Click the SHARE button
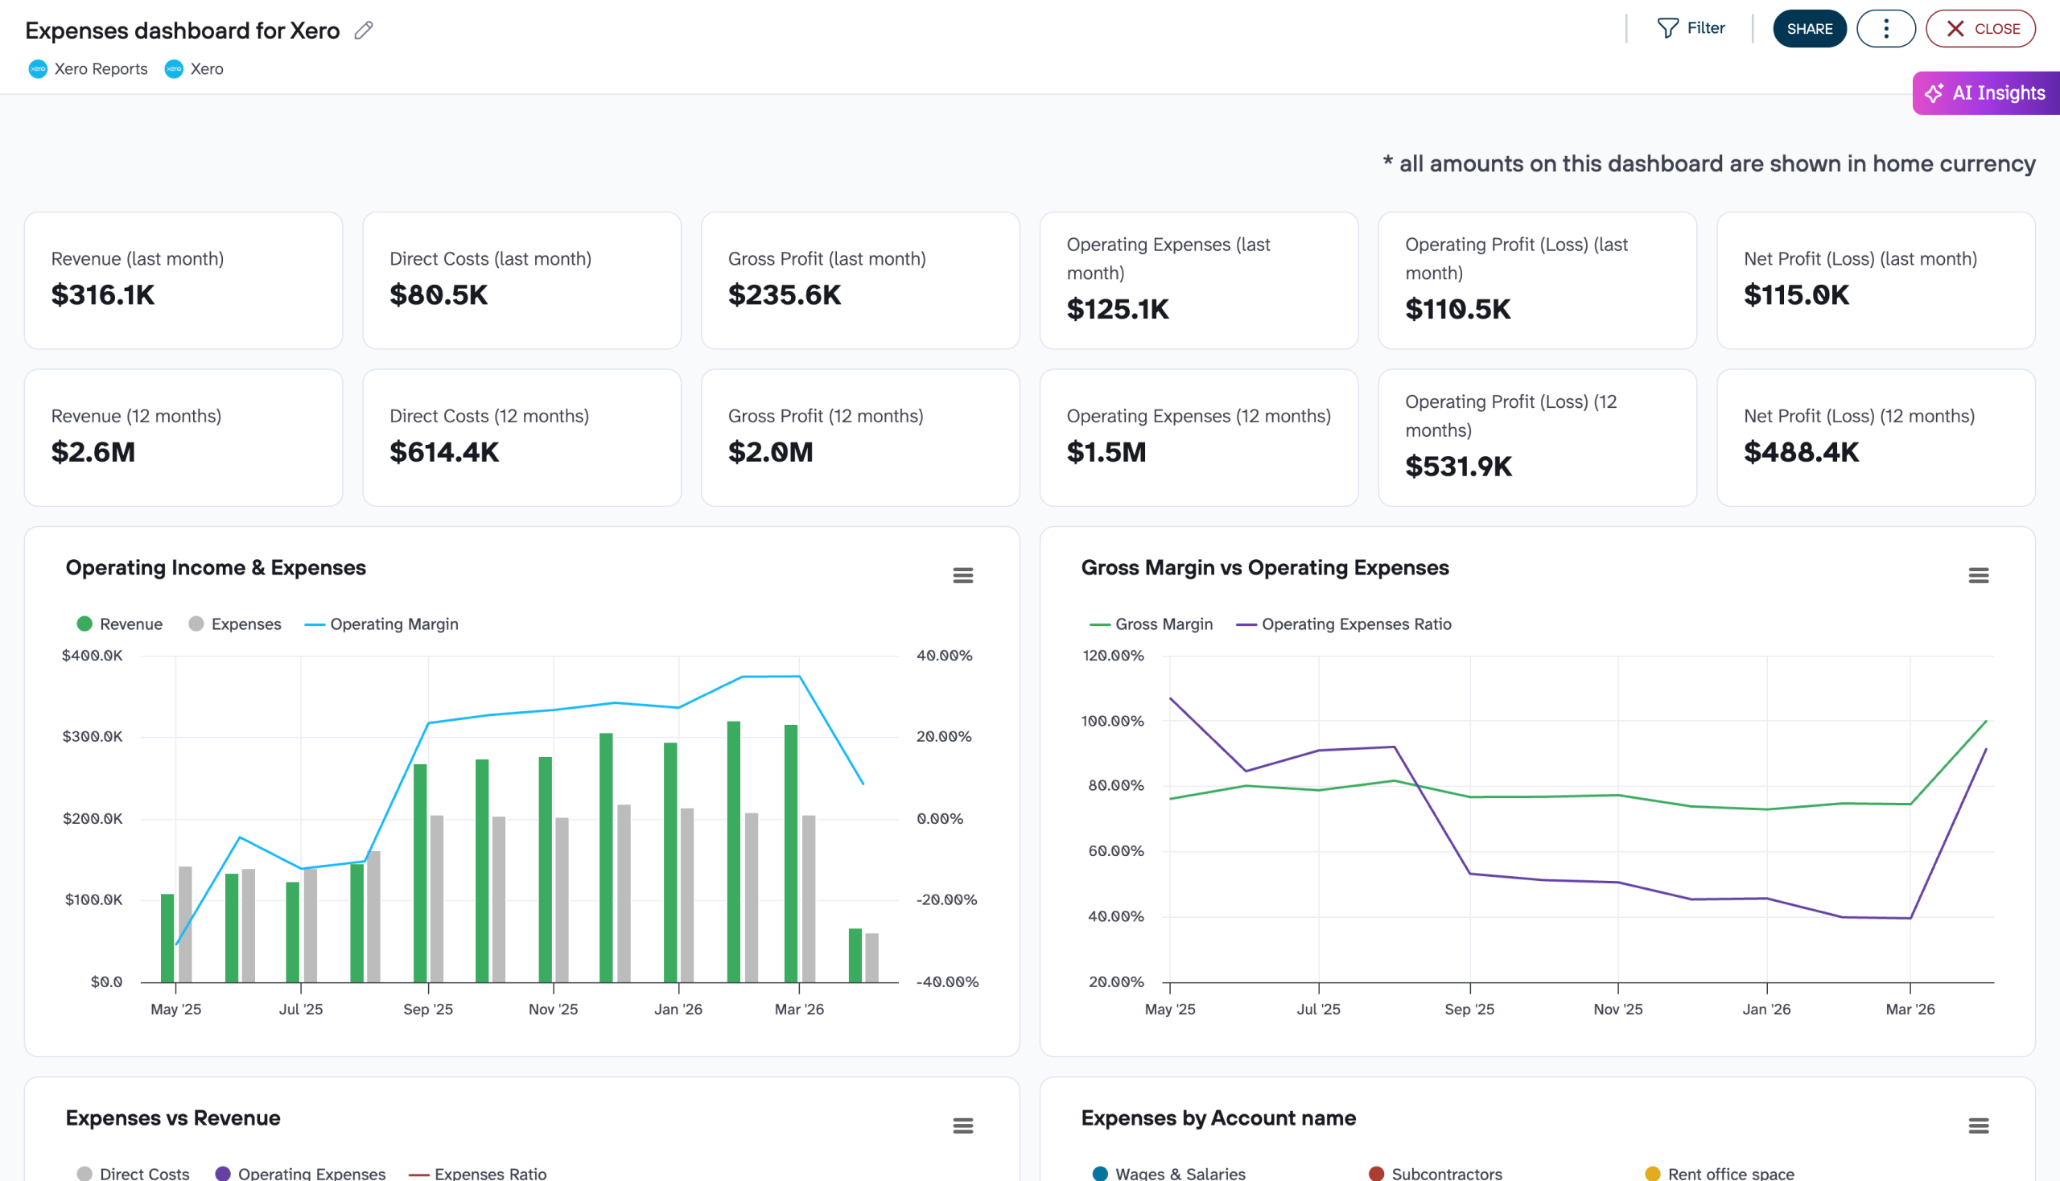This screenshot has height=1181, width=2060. tap(1808, 28)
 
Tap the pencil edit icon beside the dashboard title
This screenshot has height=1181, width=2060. tap(364, 31)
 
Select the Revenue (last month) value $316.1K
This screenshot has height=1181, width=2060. tap(103, 295)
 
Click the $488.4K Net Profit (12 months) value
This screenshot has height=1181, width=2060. tap(1800, 453)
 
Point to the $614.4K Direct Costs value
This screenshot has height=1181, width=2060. tap(444, 453)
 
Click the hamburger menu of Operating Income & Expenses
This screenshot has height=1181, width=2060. tap(962, 575)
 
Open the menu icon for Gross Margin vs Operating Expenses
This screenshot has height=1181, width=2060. tap(1977, 575)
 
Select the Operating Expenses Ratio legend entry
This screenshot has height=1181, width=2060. tap(1355, 623)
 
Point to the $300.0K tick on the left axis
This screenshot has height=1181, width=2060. tap(93, 736)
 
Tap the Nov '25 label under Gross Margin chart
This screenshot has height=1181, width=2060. tap(1617, 1009)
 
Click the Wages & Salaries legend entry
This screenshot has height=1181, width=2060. tap(1179, 1173)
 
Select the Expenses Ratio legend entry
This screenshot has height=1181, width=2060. tap(490, 1173)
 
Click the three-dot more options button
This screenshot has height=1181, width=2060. tap(1885, 28)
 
